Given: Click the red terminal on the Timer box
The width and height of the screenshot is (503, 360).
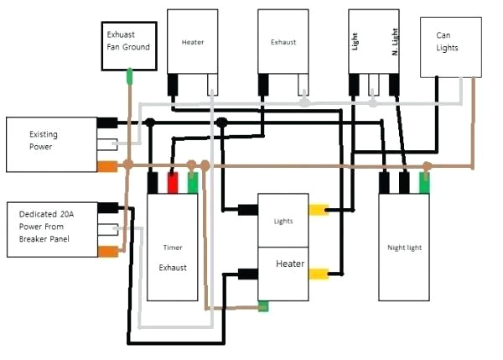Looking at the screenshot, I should [174, 183].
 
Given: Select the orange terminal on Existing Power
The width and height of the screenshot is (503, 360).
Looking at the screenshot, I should [106, 165].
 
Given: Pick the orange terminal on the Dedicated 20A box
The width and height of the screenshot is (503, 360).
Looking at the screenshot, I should [106, 251].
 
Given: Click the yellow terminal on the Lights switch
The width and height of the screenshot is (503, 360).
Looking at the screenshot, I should [318, 210].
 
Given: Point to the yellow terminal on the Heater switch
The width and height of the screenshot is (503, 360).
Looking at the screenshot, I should [318, 274].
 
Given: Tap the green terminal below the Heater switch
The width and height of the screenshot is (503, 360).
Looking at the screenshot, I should [263, 306].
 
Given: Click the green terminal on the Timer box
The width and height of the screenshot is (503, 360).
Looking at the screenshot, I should [193, 183].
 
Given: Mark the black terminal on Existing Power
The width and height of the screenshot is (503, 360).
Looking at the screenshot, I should [106, 123].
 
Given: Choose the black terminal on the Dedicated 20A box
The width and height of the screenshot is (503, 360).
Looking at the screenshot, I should [106, 208].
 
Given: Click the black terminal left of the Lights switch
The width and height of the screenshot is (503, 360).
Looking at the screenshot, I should [247, 210].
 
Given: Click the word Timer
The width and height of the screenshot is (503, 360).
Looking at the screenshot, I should [173, 248].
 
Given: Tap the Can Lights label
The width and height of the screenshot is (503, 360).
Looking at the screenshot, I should [448, 42].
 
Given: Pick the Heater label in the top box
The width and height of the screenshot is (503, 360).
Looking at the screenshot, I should [193, 41].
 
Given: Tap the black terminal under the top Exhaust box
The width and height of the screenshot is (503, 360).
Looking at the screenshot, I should [263, 84].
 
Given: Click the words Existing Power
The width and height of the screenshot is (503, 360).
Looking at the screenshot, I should [41, 140].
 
